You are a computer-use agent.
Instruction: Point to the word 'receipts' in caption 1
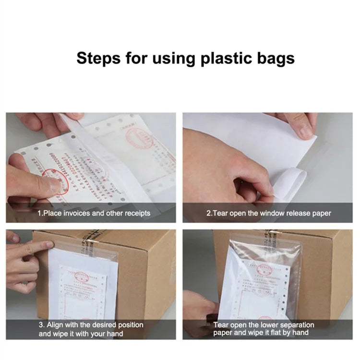coord(135,213)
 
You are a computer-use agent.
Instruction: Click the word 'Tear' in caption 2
coord(221,213)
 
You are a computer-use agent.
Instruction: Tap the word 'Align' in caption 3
coord(58,325)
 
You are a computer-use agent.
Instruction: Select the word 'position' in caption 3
coord(130,325)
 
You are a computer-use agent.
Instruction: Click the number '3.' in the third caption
coord(42,325)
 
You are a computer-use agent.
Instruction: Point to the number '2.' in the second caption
coord(209,213)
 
